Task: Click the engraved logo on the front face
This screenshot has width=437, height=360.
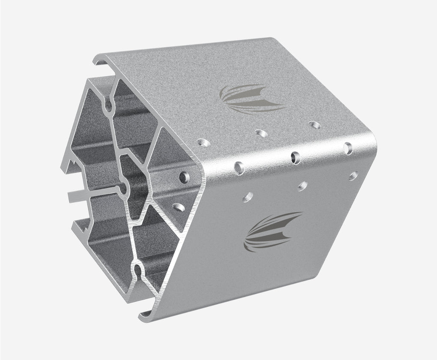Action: click(x=272, y=231)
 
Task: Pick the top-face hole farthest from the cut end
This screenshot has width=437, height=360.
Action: click(x=314, y=125)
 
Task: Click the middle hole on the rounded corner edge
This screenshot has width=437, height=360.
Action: click(x=295, y=157)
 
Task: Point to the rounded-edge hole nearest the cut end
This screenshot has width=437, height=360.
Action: click(x=239, y=168)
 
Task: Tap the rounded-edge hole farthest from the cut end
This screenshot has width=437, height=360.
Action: click(x=348, y=148)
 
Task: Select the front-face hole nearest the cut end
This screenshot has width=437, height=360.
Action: click(x=248, y=197)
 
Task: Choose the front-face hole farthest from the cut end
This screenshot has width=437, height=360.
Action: click(x=353, y=176)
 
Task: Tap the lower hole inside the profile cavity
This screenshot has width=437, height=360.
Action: click(x=179, y=207)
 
